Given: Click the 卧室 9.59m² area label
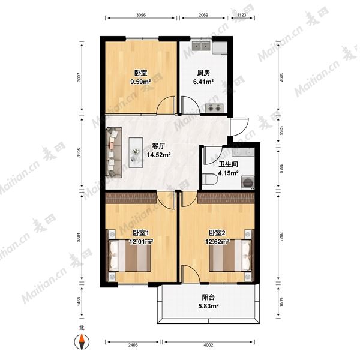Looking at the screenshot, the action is click(140, 77).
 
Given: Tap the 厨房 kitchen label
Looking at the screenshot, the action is click(203, 73).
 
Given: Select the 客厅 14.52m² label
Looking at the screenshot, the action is click(158, 151).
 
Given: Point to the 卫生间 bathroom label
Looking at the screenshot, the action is click(228, 164).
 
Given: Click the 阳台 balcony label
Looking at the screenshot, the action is click(208, 298).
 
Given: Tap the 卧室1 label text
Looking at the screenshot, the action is click(141, 233).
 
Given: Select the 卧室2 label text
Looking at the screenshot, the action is click(217, 233).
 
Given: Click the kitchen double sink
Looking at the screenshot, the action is click(201, 46).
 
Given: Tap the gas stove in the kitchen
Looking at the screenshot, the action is click(214, 108).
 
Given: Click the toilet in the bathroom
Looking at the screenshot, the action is click(210, 179).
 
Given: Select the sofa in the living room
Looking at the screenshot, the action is click(114, 152).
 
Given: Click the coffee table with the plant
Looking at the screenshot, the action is click(136, 152).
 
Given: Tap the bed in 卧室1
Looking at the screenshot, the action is click(130, 256).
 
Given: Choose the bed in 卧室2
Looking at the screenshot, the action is click(230, 256).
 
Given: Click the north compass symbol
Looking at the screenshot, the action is click(82, 342).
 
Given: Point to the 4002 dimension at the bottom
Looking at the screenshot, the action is click(208, 345).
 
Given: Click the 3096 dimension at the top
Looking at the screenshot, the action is click(141, 15).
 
